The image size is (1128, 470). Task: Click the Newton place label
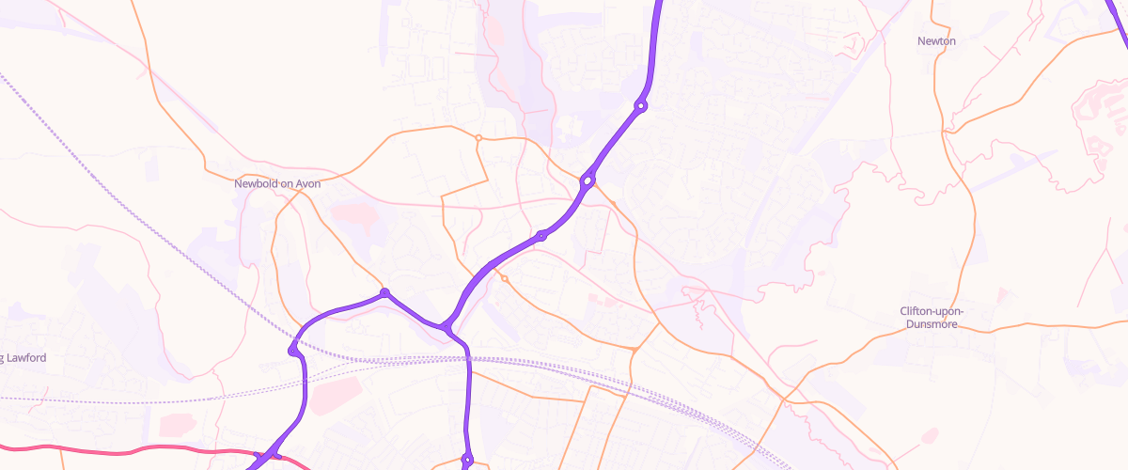pyautogui.click(x=936, y=41)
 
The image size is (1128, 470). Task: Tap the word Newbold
pyautogui.click(x=255, y=184)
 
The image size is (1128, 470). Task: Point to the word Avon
pyautogui.click(x=308, y=184)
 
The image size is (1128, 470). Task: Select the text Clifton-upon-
pyautogui.click(x=932, y=311)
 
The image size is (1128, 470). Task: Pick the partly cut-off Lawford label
pyautogui.click(x=24, y=358)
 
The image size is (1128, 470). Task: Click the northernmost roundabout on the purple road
pyautogui.click(x=641, y=106)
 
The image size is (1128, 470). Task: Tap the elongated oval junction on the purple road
pyautogui.click(x=587, y=180)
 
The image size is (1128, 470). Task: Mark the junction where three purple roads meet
pyautogui.click(x=446, y=327)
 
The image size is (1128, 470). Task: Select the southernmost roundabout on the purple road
pyautogui.click(x=466, y=460)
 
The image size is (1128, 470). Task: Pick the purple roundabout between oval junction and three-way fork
pyautogui.click(x=541, y=235)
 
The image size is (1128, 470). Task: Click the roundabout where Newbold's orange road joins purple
pyautogui.click(x=384, y=293)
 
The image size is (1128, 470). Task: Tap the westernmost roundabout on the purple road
pyautogui.click(x=294, y=351)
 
